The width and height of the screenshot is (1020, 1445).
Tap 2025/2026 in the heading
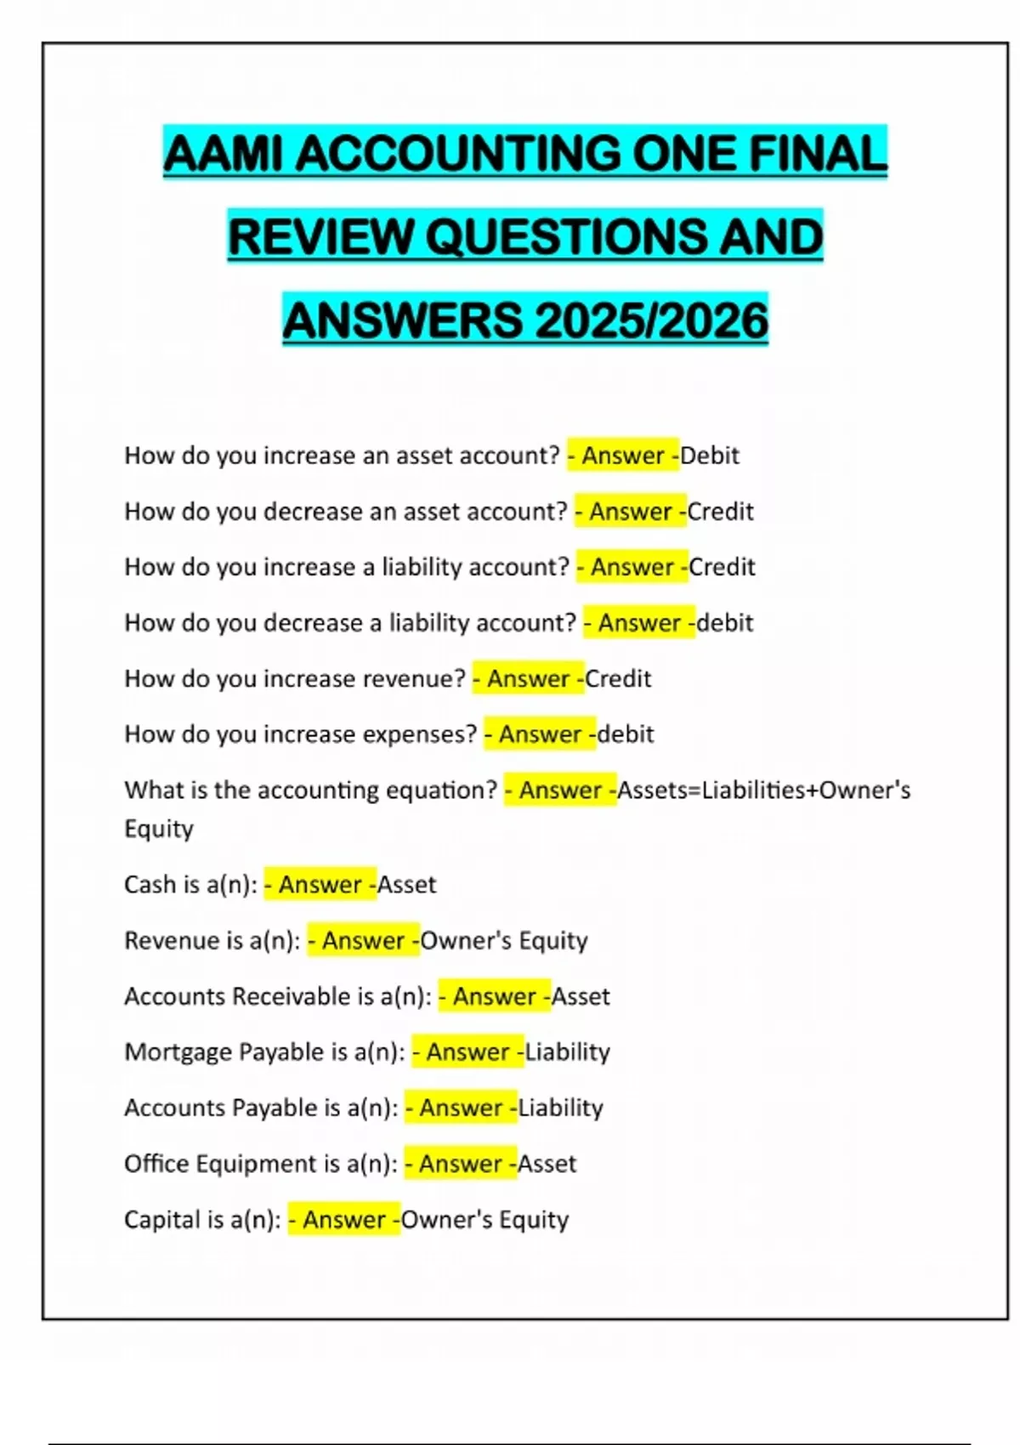pos(652,321)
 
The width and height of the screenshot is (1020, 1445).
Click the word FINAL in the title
pos(817,154)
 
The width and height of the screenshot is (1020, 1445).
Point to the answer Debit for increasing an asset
pos(710,456)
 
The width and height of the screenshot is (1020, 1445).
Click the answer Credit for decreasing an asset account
pos(720,512)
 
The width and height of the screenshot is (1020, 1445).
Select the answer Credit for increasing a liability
pos(722,567)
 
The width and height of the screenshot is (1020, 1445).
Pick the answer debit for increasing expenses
pos(626,734)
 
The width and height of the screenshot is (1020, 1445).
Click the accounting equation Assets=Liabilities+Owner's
pos(763,790)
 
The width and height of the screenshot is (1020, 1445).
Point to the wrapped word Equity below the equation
pos(159,829)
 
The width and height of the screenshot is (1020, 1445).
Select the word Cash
pos(150,885)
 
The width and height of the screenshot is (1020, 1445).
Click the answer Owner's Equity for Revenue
pos(504,941)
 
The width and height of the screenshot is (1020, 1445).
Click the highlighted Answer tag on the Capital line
pos(344,1220)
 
